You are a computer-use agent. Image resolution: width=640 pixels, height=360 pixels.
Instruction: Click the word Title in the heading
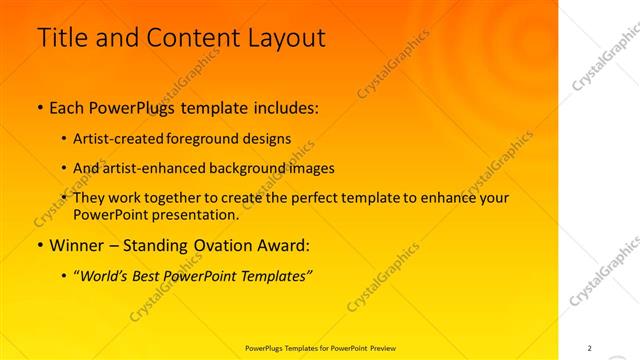[x=62, y=38]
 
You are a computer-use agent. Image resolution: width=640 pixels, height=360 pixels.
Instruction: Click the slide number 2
[x=589, y=347]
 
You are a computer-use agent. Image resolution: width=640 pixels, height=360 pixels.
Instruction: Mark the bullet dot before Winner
[x=40, y=244]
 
